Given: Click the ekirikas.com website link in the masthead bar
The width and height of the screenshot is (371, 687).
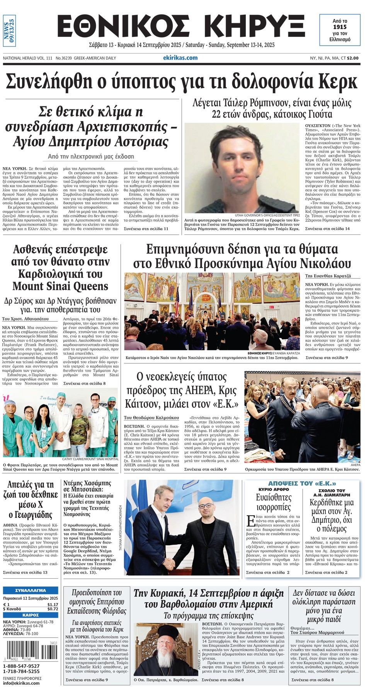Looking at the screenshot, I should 180,58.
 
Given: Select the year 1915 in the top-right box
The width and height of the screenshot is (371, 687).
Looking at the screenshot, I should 340,27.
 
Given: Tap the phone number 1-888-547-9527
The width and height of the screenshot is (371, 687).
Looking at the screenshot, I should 21,666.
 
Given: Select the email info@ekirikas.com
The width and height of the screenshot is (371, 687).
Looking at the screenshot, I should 21,683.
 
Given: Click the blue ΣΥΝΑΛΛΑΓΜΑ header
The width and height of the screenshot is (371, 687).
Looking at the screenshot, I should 31,590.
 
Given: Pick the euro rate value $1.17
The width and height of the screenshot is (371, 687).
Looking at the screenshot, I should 53,604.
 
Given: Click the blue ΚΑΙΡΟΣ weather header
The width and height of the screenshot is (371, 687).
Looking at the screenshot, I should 31,615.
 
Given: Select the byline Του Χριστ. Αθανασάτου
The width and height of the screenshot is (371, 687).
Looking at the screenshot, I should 26,319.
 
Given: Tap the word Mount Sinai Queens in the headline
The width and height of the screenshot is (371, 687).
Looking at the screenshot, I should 60,286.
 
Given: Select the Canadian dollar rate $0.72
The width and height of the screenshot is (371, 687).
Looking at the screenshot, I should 53,609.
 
